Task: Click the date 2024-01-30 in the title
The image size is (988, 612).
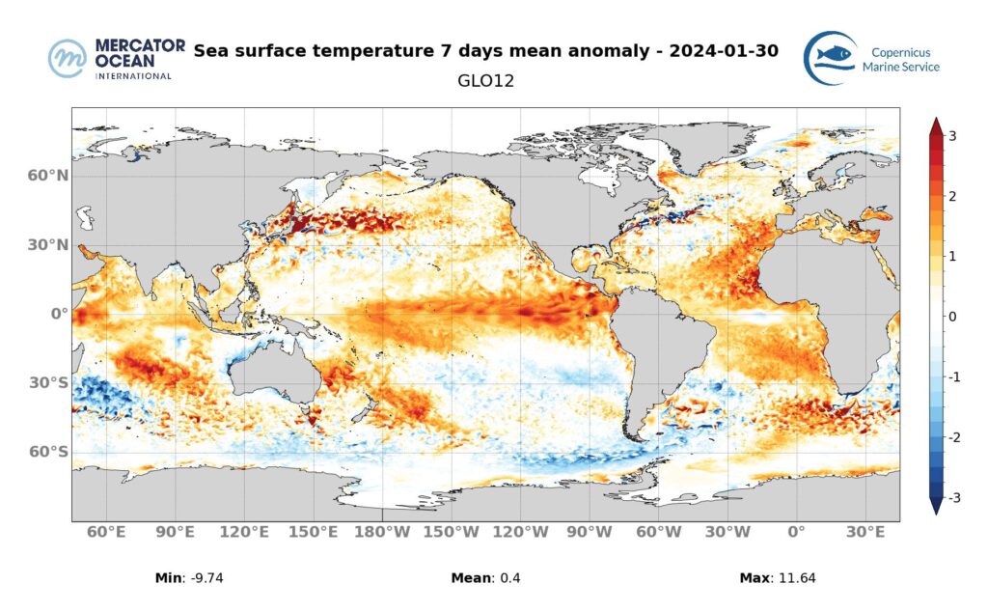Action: tap(723, 49)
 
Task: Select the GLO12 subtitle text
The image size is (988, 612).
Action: tap(485, 81)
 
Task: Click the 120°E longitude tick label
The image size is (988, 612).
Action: tap(243, 533)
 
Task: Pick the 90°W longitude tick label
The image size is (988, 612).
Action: tap(589, 533)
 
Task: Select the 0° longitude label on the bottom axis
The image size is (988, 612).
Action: tap(796, 533)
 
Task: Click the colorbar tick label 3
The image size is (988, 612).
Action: tap(952, 136)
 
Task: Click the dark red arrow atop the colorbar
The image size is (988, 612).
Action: tap(935, 126)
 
